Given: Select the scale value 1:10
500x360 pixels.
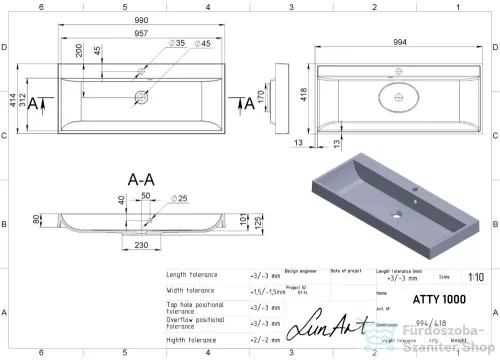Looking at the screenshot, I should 473,277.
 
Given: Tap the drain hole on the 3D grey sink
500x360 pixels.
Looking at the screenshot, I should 397,212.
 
